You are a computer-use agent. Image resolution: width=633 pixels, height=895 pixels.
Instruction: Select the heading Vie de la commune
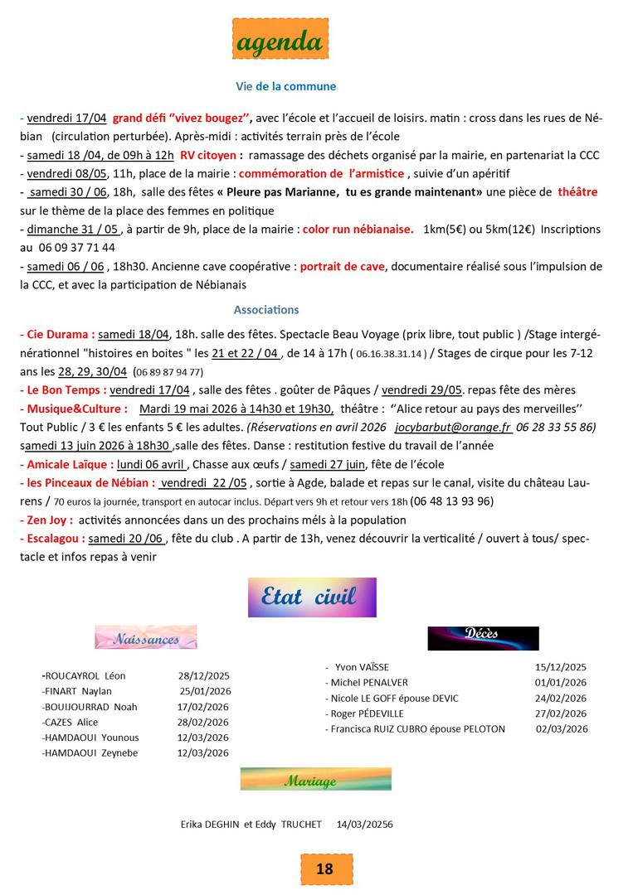285,86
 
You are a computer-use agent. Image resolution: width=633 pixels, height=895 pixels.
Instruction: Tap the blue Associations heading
266,310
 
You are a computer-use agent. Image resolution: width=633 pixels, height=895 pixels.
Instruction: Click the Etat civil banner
312,597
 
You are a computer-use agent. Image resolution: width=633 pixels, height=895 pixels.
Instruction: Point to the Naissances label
146,637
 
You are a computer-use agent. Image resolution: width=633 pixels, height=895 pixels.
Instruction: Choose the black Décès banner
483,636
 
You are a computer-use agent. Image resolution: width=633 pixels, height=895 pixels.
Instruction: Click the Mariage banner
315,779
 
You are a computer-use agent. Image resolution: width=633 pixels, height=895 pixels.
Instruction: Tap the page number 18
324,868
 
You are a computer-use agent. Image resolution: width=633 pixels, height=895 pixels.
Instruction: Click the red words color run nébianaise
358,229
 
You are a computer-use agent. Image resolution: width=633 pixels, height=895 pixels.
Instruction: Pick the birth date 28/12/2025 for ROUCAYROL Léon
203,675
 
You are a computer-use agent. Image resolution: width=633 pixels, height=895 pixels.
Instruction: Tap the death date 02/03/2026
562,729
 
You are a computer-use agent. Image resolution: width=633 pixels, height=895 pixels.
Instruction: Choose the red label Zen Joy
46,520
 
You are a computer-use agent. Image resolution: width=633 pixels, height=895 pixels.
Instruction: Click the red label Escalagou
52,539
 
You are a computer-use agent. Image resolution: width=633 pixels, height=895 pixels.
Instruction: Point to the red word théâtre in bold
577,192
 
